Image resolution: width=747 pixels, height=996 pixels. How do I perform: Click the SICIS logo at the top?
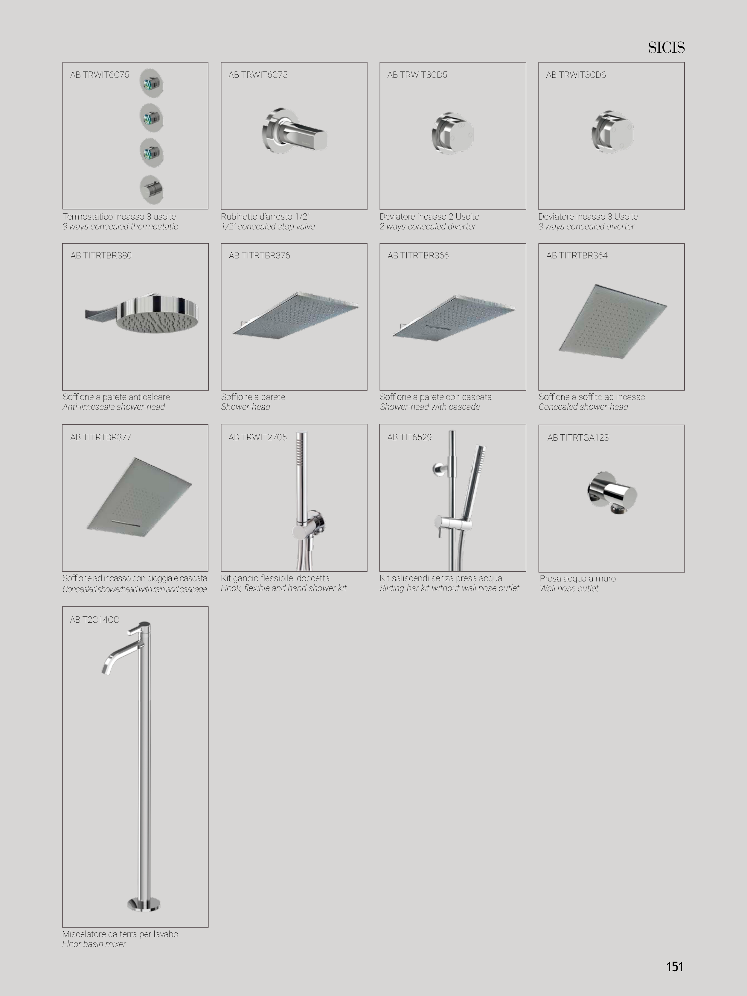click(666, 47)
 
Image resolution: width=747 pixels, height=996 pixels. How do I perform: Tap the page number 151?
click(675, 967)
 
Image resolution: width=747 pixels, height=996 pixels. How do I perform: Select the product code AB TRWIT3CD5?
click(417, 75)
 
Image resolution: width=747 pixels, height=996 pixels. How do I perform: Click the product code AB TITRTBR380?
click(101, 255)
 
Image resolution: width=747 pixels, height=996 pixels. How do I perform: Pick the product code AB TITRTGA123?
click(578, 437)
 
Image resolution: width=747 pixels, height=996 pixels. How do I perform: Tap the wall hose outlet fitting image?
click(612, 494)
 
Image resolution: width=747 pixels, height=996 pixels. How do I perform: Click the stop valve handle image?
click(295, 131)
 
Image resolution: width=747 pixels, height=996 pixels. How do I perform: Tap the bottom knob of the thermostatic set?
click(151, 190)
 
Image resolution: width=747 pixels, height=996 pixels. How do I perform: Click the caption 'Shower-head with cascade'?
click(429, 407)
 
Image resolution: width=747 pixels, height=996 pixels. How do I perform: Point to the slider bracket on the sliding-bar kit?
click(453, 523)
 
